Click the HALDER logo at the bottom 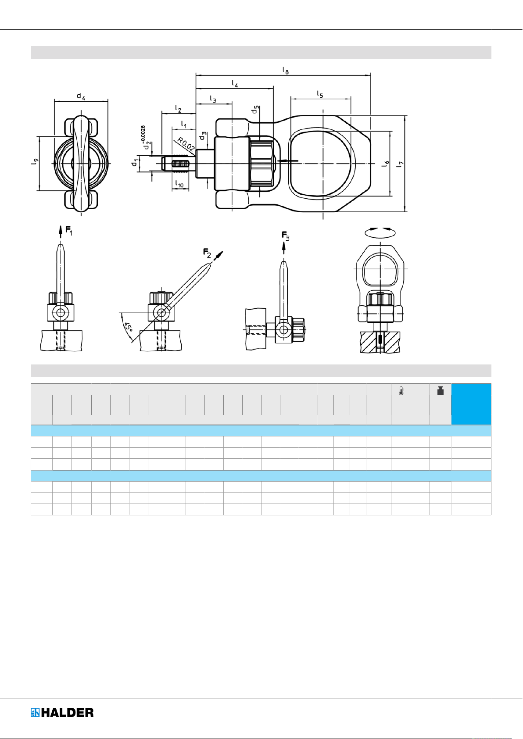(62, 713)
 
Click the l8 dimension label (286, 70)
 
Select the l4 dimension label (235, 83)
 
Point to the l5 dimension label (320, 94)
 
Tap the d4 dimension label (81, 96)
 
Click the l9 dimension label (35, 162)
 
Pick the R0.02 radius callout (186, 144)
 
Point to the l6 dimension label (386, 164)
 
